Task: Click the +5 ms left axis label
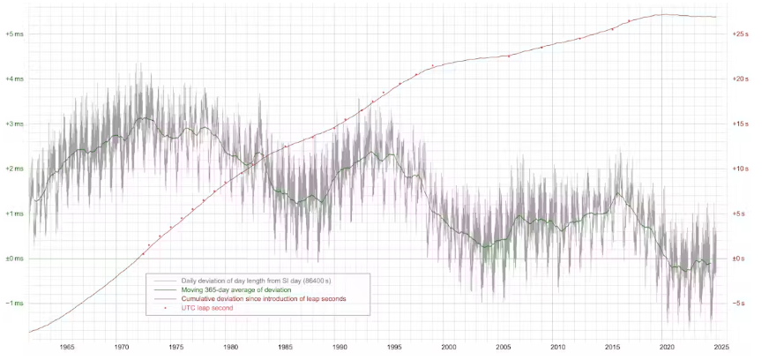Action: pyautogui.click(x=15, y=34)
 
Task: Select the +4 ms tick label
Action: pyautogui.click(x=15, y=79)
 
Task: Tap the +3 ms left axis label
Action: pyautogui.click(x=15, y=124)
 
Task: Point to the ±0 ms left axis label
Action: pyautogui.click(x=15, y=259)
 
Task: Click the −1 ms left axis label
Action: pyautogui.click(x=15, y=304)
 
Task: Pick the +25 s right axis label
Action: pyautogui.click(x=740, y=34)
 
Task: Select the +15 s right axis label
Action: pyautogui.click(x=740, y=124)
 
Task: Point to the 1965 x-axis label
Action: pyautogui.click(x=66, y=348)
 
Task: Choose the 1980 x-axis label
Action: pyautogui.click(x=230, y=348)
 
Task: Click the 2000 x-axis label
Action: pyautogui.click(x=449, y=348)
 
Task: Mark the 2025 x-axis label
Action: pyautogui.click(x=721, y=348)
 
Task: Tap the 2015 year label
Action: pyautogui.click(x=612, y=348)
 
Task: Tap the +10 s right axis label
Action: pyautogui.click(x=740, y=169)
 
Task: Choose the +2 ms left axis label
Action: pyautogui.click(x=15, y=169)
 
